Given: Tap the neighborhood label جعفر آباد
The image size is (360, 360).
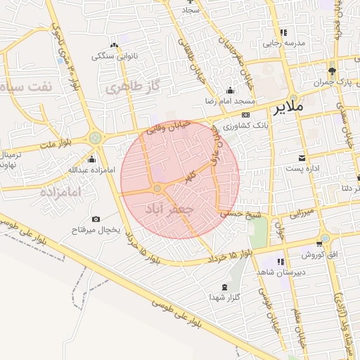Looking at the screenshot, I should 167,210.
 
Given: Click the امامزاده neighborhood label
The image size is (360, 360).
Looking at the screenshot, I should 61,191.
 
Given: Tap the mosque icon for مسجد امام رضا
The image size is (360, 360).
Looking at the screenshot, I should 231,90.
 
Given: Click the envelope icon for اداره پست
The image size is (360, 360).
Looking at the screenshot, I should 302,157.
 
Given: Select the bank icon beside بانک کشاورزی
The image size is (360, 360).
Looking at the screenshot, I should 245,115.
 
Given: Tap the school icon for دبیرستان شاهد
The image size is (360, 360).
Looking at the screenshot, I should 282,262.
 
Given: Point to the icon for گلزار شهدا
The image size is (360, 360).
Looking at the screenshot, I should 224,287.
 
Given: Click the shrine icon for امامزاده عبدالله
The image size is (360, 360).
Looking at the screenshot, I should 91,159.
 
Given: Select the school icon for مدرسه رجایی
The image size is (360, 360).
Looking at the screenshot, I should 283,32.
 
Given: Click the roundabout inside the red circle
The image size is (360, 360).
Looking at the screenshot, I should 158,188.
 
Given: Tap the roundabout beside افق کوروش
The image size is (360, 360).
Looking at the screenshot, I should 324,238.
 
